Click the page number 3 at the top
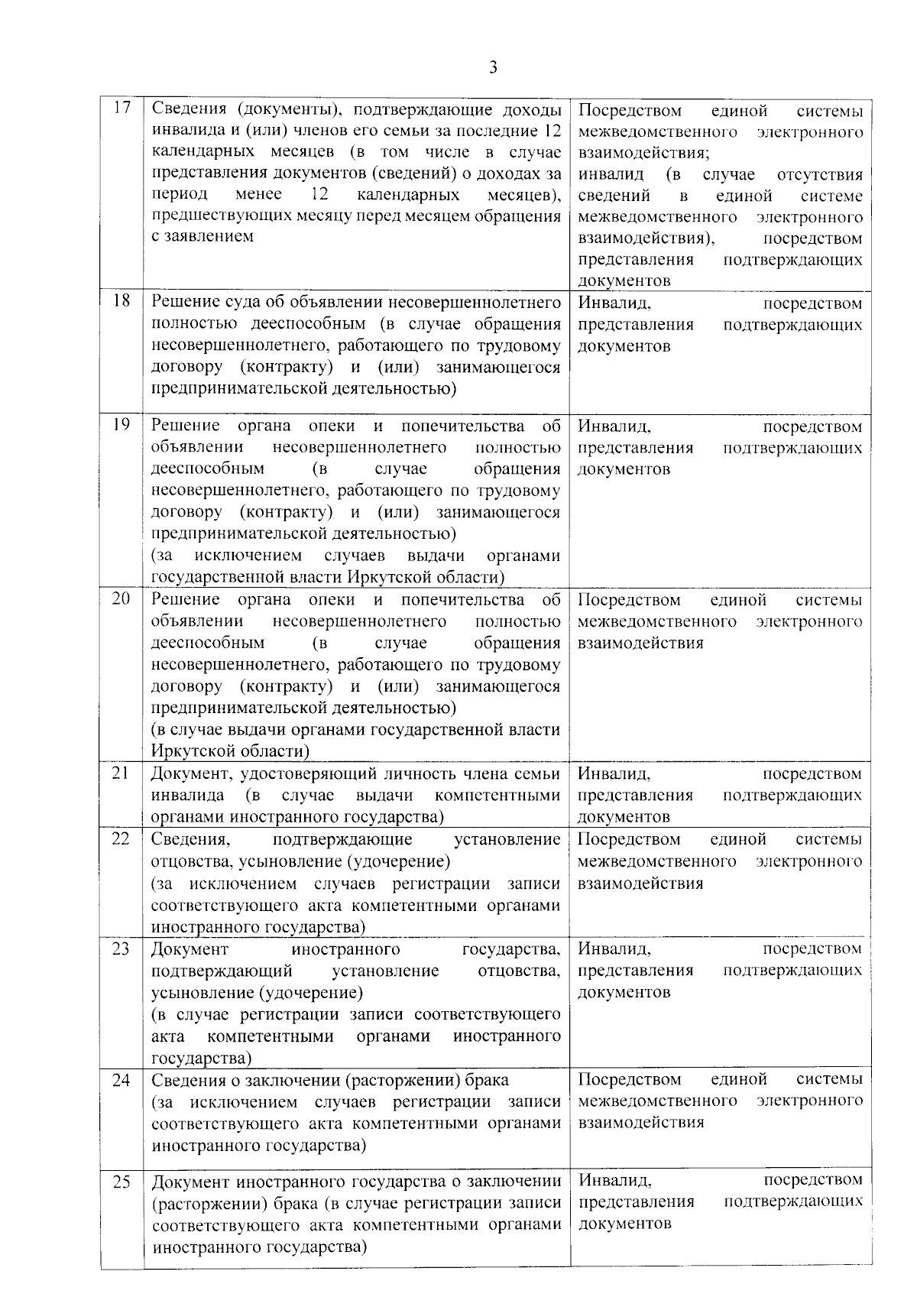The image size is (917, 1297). (x=493, y=68)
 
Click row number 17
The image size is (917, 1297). (x=122, y=108)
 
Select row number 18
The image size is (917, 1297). (x=122, y=300)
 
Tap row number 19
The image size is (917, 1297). (x=122, y=424)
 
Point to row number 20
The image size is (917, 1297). (x=122, y=598)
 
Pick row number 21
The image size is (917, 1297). (x=121, y=773)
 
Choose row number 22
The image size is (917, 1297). (x=121, y=838)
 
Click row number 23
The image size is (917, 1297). (x=121, y=948)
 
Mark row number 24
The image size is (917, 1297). (x=121, y=1080)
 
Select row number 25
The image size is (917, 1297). (x=122, y=1182)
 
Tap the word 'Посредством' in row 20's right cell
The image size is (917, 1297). (x=629, y=600)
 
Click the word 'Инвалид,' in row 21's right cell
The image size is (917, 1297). (x=614, y=774)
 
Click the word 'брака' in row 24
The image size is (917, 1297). (x=487, y=1080)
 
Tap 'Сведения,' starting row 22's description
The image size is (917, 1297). (x=190, y=840)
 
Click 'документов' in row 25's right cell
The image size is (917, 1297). (x=624, y=1224)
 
